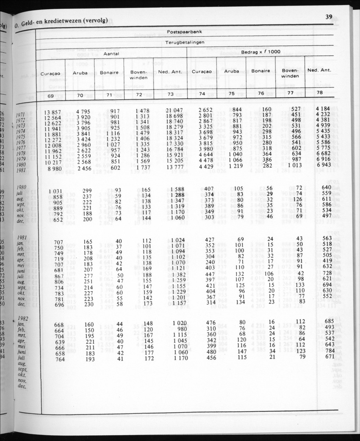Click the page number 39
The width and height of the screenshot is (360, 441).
[x=329, y=17]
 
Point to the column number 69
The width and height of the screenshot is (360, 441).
[x=50, y=96]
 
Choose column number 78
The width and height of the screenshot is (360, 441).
[x=319, y=93]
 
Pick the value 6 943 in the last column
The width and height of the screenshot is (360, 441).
[x=323, y=164]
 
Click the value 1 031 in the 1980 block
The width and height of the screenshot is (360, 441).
[x=55, y=191]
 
